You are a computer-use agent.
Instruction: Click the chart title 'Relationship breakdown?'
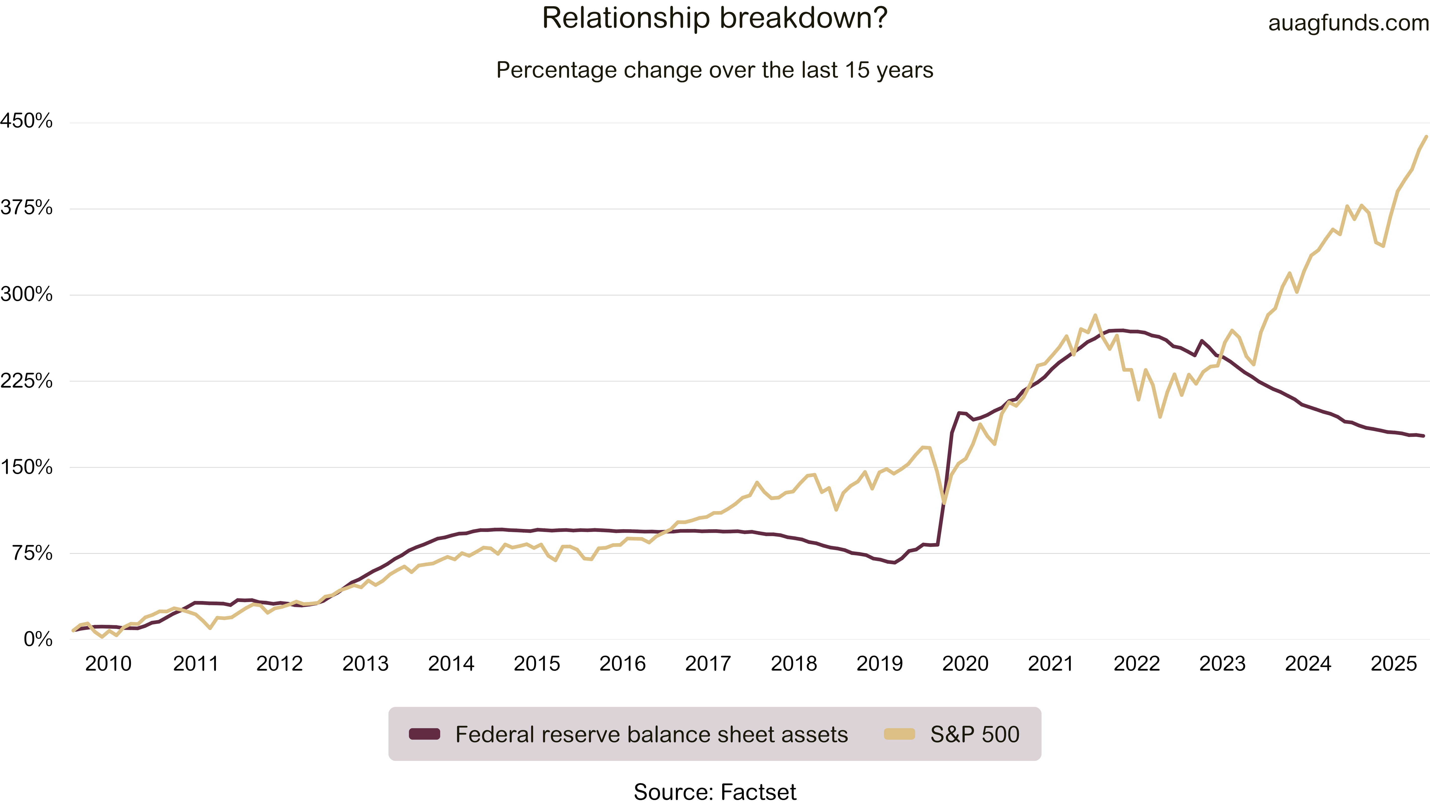715,18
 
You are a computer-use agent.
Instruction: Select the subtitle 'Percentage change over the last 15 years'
715,71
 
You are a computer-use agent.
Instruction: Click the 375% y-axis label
27,208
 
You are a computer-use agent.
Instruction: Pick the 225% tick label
27,381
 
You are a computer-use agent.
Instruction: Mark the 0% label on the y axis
38,640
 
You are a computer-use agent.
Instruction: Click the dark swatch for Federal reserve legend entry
425,734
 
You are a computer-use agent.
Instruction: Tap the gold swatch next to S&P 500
899,734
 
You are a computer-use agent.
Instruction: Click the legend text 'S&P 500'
975,734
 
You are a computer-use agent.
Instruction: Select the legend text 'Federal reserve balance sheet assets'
652,734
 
